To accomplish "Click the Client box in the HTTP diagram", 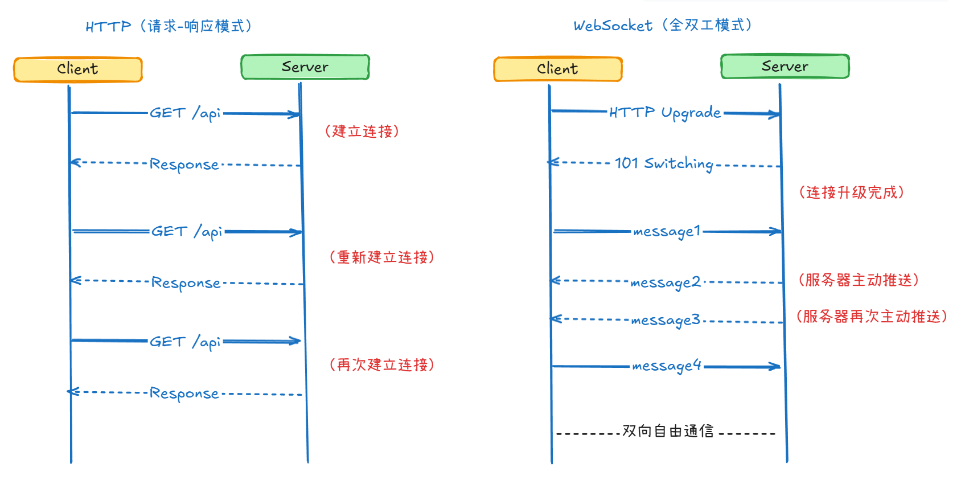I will coord(78,69).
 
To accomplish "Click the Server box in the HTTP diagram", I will coord(305,67).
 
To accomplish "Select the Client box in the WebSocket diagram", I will coord(557,69).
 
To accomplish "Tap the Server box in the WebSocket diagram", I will coord(785,67).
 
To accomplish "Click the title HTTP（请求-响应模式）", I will coord(169,26).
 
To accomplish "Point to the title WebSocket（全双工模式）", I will coord(663,26).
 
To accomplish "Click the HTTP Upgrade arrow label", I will coord(665,113).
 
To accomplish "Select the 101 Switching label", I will coord(664,164).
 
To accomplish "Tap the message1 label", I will coord(666,231).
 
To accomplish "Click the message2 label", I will coord(665,282).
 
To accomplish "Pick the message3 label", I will coord(665,320).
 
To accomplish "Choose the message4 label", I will coord(666,366).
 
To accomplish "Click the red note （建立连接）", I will coord(362,132).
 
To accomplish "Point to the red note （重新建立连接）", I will coord(382,257).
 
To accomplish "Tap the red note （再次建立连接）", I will coord(382,365).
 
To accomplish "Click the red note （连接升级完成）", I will coord(852,192).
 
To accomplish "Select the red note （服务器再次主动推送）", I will coord(872,317).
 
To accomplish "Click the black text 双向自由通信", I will coord(667,431).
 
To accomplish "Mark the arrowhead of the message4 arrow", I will coord(776,367).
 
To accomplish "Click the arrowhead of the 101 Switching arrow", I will coord(553,162).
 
